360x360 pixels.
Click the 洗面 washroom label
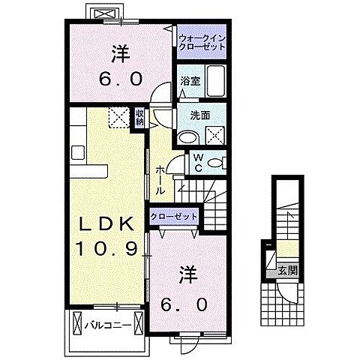tap(189, 117)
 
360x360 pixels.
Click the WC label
tap(197, 163)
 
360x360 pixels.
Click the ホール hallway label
tap(160, 181)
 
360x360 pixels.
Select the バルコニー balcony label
tap(103, 325)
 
